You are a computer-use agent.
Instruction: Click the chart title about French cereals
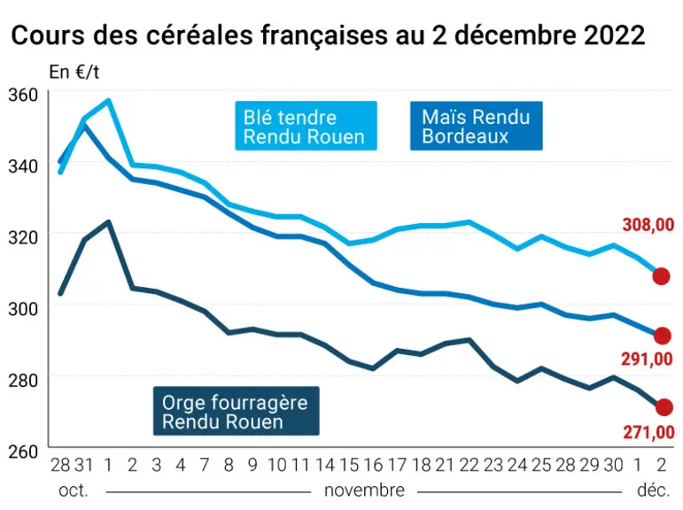328,35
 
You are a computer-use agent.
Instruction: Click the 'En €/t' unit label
74,72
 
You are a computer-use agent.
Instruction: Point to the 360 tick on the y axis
23,95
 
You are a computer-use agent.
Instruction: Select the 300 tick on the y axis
23,309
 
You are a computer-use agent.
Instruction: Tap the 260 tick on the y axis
23,452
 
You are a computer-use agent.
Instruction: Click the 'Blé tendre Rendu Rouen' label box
306,126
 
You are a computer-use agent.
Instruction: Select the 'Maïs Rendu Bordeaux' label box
476,126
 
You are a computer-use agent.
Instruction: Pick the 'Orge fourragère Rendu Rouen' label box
237,411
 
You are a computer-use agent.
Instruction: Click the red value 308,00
648,225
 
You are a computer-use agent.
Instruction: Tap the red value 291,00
647,359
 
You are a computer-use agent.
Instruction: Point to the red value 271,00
648,432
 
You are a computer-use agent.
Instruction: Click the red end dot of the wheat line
661,276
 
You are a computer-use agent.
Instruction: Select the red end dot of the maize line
663,336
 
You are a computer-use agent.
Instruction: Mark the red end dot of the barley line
664,407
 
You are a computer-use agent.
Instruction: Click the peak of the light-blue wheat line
108,101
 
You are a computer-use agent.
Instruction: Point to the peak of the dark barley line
108,221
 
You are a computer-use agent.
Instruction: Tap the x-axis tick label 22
470,465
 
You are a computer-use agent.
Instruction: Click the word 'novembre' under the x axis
364,491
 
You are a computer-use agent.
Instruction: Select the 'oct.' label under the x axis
74,491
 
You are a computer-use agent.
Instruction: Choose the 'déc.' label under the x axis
654,491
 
